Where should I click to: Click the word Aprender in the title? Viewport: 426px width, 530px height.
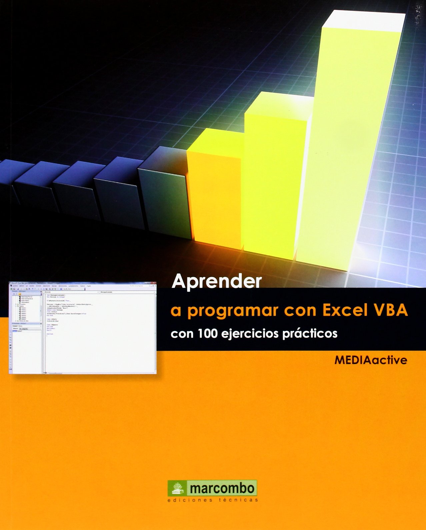[x=217, y=282]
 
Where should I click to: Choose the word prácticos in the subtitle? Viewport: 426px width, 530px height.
[x=310, y=334]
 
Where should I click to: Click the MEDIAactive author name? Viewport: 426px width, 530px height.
[x=371, y=360]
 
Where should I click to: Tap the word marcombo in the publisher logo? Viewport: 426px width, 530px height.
[x=222, y=488]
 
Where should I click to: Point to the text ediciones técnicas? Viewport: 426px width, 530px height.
[x=213, y=500]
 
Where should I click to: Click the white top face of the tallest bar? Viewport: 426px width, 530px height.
[x=363, y=22]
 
